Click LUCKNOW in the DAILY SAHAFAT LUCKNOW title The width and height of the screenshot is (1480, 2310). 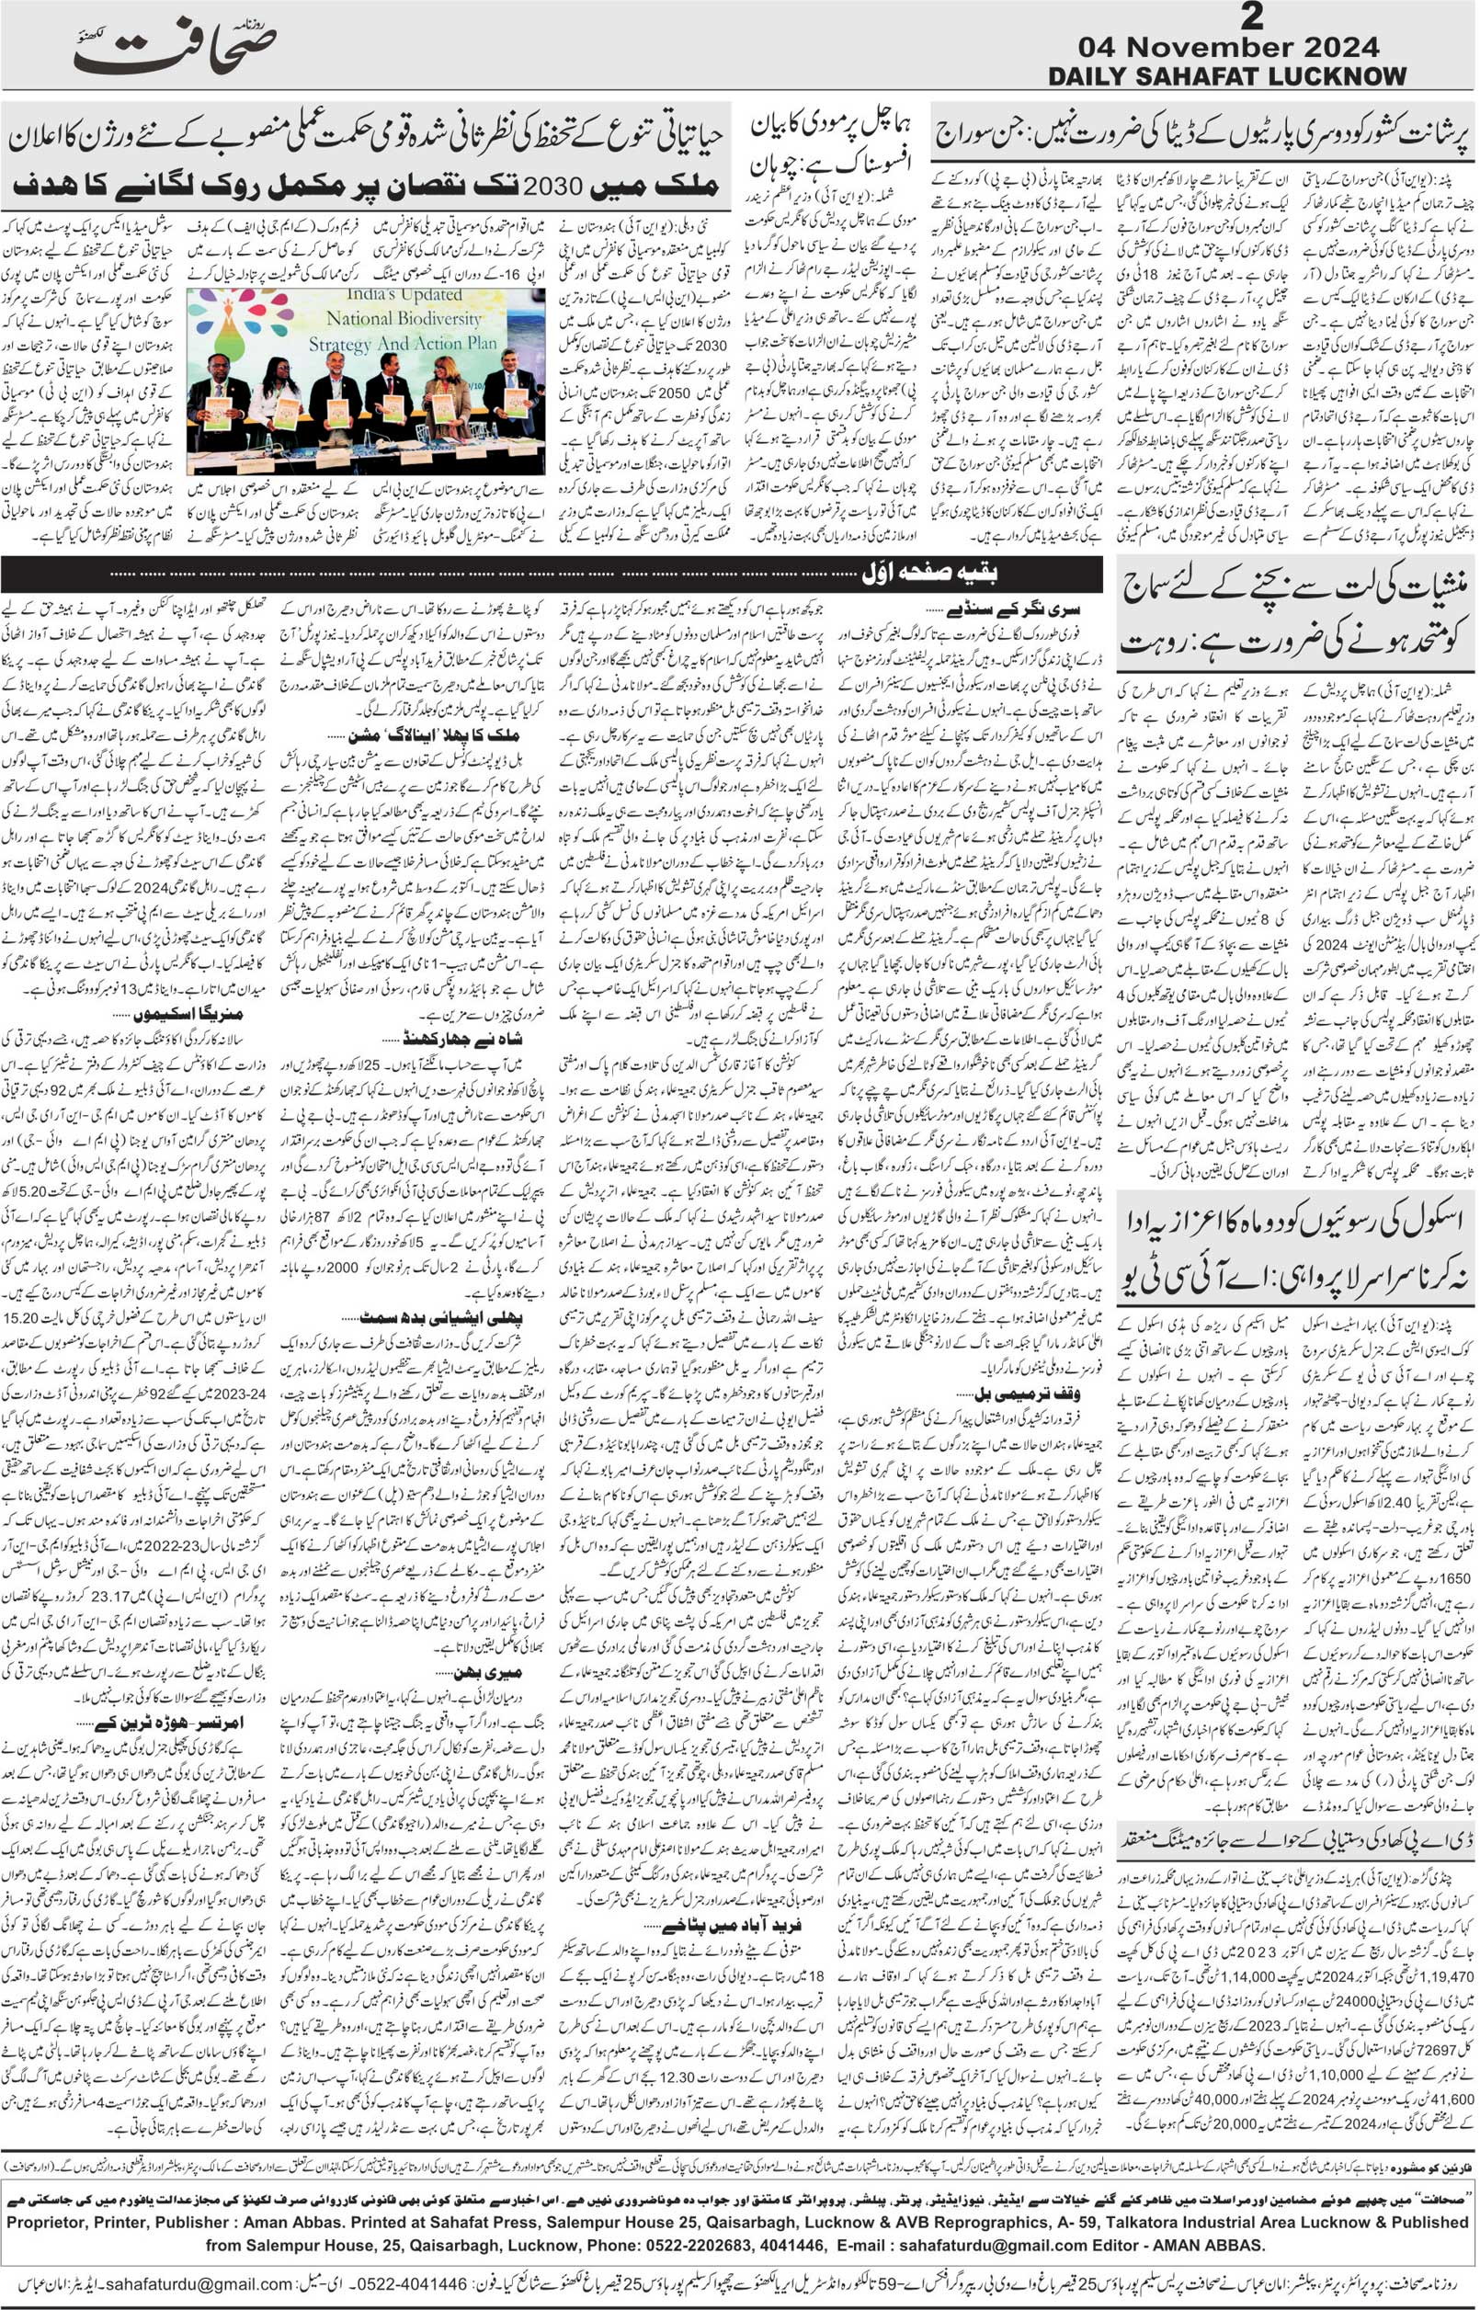(x=1331, y=77)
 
